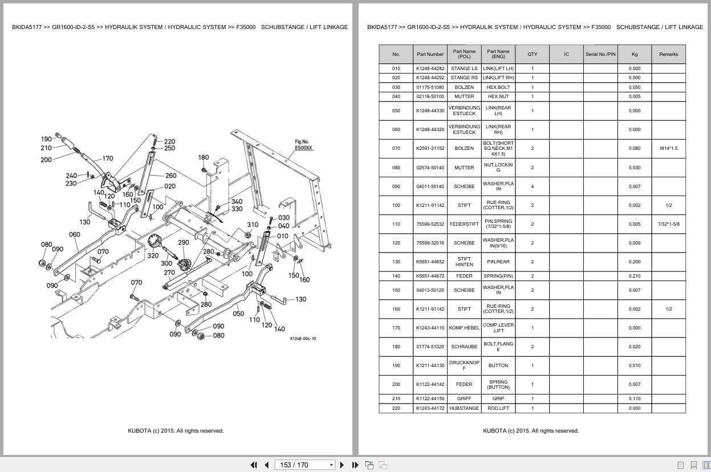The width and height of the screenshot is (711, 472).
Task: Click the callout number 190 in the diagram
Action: pyautogui.click(x=46, y=139)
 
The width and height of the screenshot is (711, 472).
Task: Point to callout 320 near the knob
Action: pyautogui.click(x=153, y=255)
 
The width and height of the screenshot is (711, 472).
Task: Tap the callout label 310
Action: pyautogui.click(x=253, y=225)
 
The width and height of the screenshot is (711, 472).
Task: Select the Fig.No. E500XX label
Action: pyautogui.click(x=303, y=145)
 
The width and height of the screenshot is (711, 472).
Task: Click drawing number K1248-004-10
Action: pyautogui.click(x=303, y=339)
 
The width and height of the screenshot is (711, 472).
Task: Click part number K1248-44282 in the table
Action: pyautogui.click(x=430, y=68)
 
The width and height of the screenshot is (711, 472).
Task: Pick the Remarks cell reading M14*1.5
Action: pyautogui.click(x=668, y=148)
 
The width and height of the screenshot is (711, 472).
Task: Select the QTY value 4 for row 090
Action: pyautogui.click(x=533, y=186)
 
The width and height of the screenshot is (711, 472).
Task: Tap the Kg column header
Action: pyautogui.click(x=635, y=54)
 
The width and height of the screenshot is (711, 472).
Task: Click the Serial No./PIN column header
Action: pyautogui.click(x=600, y=54)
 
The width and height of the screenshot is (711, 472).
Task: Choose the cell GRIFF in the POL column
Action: pyautogui.click(x=464, y=398)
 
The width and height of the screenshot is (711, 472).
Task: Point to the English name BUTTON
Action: pyautogui.click(x=498, y=365)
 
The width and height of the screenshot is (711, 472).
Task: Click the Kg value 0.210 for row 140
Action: pyautogui.click(x=635, y=276)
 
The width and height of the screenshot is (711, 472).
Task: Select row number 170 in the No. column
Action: pyautogui.click(x=396, y=328)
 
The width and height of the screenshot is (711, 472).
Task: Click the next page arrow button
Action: pyautogui.click(x=342, y=465)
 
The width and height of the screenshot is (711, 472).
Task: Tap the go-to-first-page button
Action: pyautogui.click(x=254, y=465)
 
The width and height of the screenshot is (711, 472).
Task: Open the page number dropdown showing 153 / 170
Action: pyautogui.click(x=304, y=465)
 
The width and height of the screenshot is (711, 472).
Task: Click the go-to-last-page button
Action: pyautogui.click(x=355, y=465)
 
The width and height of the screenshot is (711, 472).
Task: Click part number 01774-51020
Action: pyautogui.click(x=430, y=347)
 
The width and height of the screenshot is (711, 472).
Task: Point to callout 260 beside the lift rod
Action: pyautogui.click(x=171, y=176)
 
